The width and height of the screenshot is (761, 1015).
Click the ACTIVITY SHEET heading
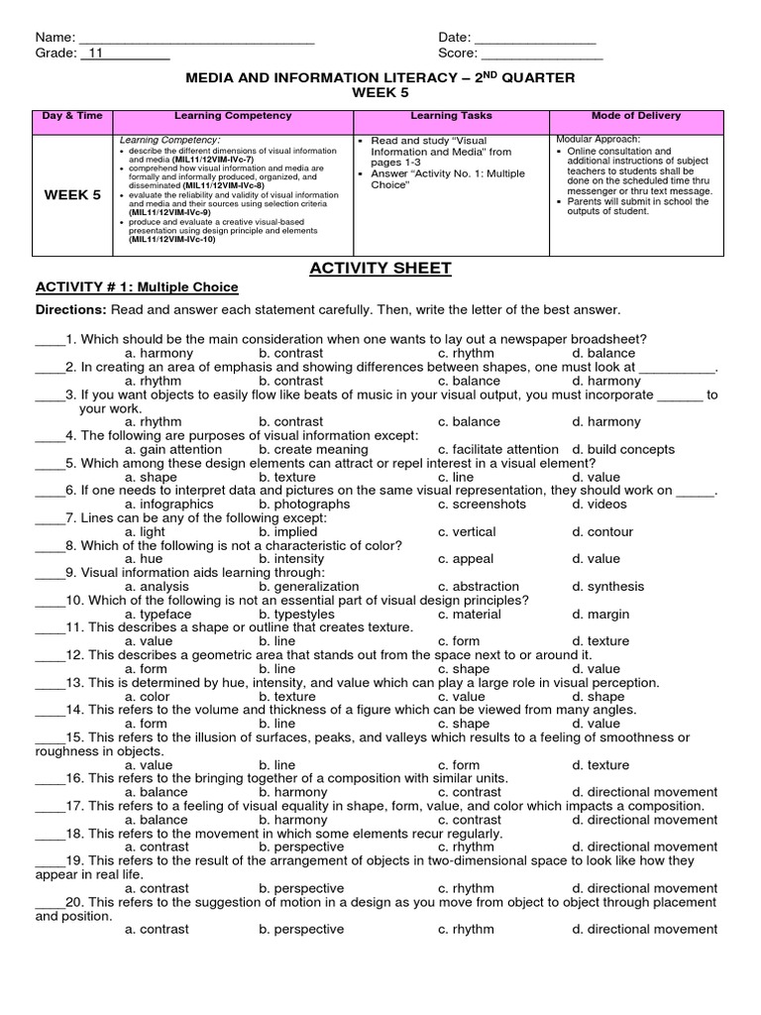(x=381, y=268)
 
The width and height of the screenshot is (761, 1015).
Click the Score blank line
(x=542, y=55)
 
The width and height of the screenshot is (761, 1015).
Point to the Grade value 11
(x=97, y=55)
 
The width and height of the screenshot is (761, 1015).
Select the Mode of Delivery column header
(x=636, y=116)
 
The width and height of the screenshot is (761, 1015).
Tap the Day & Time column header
(x=72, y=116)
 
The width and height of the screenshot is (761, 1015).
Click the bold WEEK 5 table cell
(x=72, y=195)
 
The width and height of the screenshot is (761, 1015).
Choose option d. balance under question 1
(x=603, y=353)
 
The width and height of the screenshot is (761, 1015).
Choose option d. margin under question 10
(x=602, y=614)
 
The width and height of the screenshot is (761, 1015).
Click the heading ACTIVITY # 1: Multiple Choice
(x=137, y=287)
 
